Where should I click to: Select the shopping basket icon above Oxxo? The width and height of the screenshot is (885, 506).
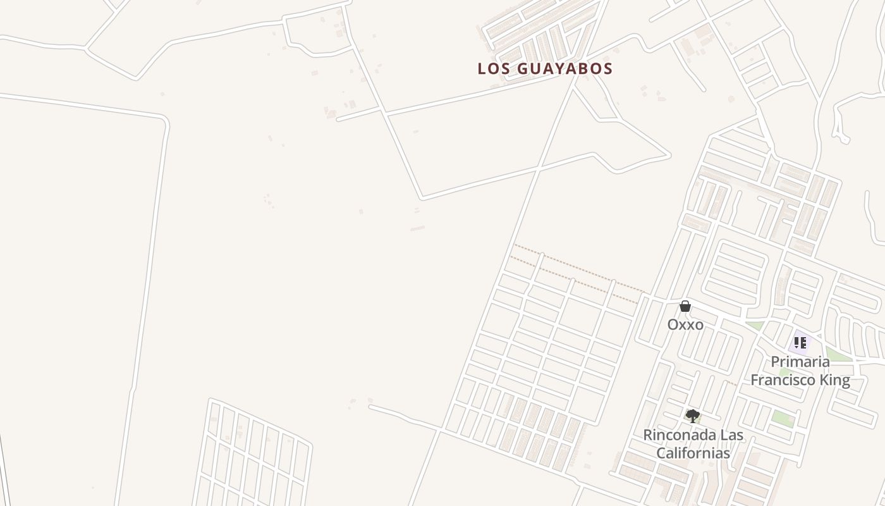[x=685, y=307]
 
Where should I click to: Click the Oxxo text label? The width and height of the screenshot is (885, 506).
[x=685, y=324]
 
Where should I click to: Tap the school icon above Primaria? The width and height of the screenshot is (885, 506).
[x=800, y=343]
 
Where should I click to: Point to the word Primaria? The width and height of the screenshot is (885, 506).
[x=800, y=362]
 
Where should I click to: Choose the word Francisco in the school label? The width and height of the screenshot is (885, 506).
[x=782, y=380]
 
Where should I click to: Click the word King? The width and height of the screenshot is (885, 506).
[x=834, y=380]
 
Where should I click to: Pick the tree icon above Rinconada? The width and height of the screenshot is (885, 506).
[x=692, y=416]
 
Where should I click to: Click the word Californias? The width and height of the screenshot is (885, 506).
[x=693, y=453]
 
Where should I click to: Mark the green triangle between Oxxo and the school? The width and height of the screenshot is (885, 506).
[x=755, y=326]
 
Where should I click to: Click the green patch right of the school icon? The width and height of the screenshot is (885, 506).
[x=837, y=355]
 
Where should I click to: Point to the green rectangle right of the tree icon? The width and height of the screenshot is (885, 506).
[x=783, y=419]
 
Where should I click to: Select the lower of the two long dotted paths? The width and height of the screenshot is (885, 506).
[x=572, y=279]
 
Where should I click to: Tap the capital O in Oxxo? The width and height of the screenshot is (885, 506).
[x=673, y=324]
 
